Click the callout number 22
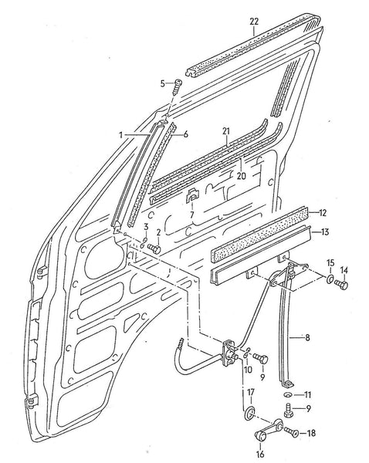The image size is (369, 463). pos(255,23)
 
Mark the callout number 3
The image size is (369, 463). pos(145,225)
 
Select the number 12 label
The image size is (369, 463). pos(323,212)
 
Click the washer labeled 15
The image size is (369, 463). pos(330,280)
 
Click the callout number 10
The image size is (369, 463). pos(247,370)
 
